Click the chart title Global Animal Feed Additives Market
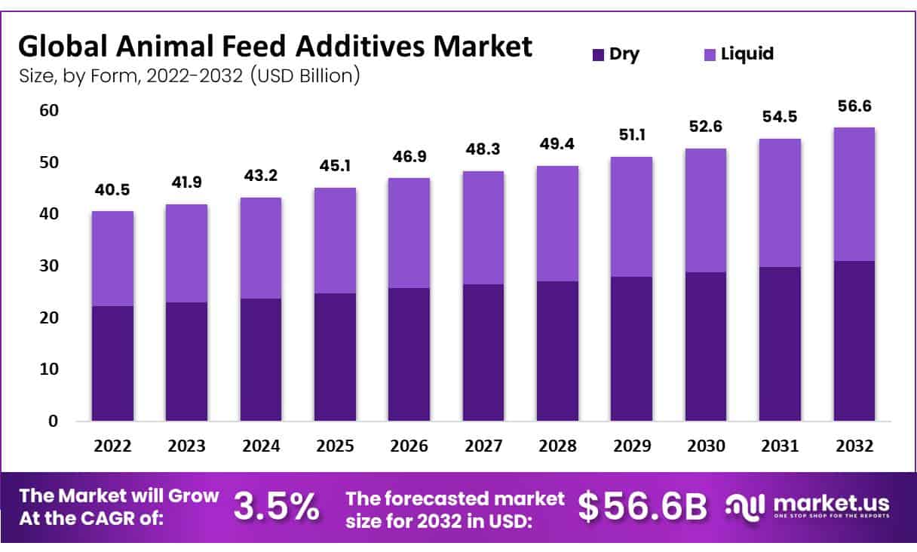tap(274, 47)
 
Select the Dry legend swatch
tap(598, 54)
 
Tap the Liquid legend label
tap(747, 54)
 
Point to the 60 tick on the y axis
tap(48, 111)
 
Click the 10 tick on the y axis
tap(48, 370)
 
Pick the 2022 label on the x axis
tap(112, 446)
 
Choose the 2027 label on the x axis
tap(483, 446)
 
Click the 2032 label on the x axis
tap(854, 446)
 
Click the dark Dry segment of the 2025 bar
tap(335, 357)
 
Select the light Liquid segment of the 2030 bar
tap(705, 210)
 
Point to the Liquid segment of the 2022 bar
tap(112, 259)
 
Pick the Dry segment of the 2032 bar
tap(854, 341)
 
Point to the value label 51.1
tap(631, 136)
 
